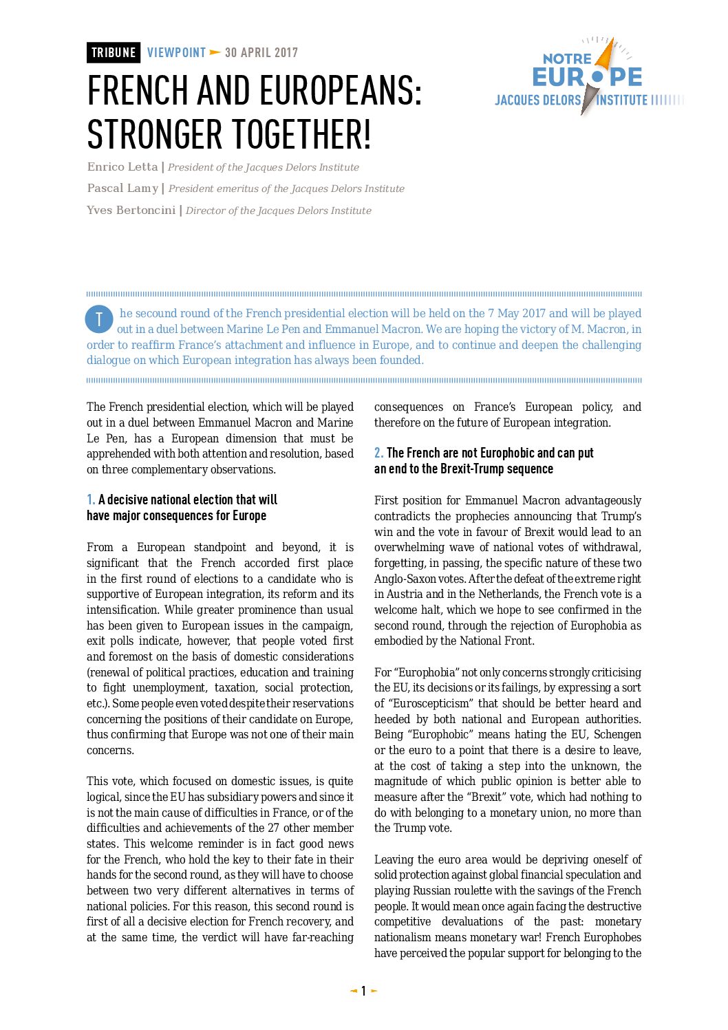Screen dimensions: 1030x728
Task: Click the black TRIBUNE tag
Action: [x=114, y=53]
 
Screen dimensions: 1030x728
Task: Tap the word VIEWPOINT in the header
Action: [x=176, y=53]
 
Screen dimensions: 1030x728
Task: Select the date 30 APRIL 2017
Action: [x=261, y=53]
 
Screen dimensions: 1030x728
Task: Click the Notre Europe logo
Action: [x=588, y=76]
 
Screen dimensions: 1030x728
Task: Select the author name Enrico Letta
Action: [x=122, y=167]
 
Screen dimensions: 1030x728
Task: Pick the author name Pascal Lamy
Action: [x=122, y=189]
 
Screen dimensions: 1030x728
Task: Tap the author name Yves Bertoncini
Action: [x=131, y=211]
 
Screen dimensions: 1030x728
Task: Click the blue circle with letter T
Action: [x=99, y=319]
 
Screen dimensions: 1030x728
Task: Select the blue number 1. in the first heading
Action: [x=91, y=500]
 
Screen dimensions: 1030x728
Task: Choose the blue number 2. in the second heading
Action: [x=378, y=453]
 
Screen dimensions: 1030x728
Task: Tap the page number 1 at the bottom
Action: [x=363, y=991]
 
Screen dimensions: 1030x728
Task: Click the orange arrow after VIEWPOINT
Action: [x=215, y=53]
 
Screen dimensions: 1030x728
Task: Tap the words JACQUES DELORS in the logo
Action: [x=537, y=100]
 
